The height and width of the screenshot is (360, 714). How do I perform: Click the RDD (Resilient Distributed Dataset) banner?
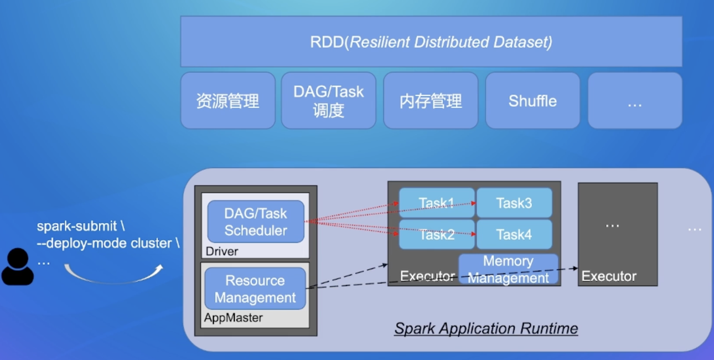click(x=431, y=42)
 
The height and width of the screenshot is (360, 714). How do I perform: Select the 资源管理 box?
click(x=228, y=100)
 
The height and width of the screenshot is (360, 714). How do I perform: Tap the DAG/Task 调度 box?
click(x=329, y=100)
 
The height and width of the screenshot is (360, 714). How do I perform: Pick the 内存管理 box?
click(x=431, y=100)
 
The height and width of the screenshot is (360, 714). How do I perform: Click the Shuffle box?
click(x=532, y=100)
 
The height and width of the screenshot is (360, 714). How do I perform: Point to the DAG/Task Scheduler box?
click(x=256, y=222)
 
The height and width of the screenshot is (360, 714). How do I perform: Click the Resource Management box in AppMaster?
click(x=255, y=289)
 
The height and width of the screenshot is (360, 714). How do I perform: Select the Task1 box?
click(x=437, y=203)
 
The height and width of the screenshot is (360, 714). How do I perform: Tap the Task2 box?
click(x=437, y=234)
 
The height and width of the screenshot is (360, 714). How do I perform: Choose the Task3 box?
click(x=514, y=203)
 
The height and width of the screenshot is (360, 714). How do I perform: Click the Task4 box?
click(x=514, y=234)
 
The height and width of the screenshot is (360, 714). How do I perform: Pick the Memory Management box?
click(x=508, y=269)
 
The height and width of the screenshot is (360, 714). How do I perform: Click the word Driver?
click(x=222, y=251)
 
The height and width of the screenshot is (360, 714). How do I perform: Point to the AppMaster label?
click(x=234, y=317)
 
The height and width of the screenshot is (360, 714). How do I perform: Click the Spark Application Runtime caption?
click(x=486, y=328)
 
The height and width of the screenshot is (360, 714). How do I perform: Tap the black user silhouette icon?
click(x=18, y=266)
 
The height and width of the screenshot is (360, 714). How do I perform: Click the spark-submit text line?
click(x=81, y=226)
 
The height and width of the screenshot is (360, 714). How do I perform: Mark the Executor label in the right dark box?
click(x=609, y=276)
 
